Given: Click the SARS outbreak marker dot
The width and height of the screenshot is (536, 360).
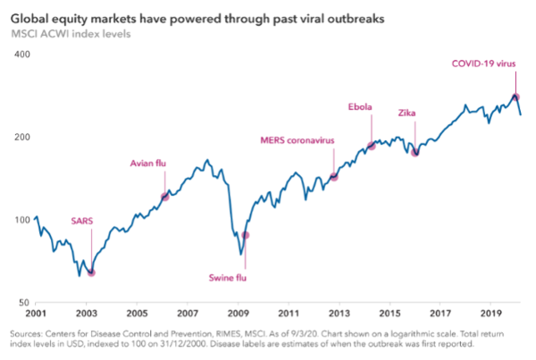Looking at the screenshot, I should click(x=91, y=272).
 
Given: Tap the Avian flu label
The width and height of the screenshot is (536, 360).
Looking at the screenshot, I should click(x=149, y=163).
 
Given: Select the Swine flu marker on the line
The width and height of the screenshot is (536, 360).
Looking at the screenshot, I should click(x=246, y=235).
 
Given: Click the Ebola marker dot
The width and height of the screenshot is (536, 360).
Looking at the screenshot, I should click(x=371, y=146).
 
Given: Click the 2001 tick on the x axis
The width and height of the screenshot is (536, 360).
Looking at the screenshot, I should click(x=37, y=314).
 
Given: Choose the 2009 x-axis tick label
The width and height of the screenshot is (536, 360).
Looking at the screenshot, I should click(x=238, y=314).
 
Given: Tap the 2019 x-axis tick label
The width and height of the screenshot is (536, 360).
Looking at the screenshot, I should click(x=490, y=314).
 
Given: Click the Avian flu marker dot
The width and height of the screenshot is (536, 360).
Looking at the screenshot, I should click(x=164, y=197).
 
